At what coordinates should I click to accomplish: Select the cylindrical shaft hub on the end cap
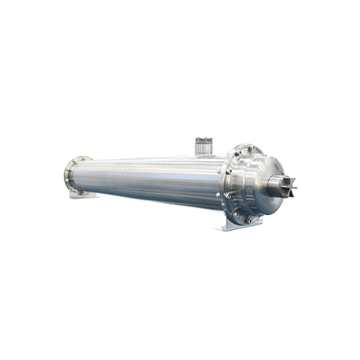point(276,181)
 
